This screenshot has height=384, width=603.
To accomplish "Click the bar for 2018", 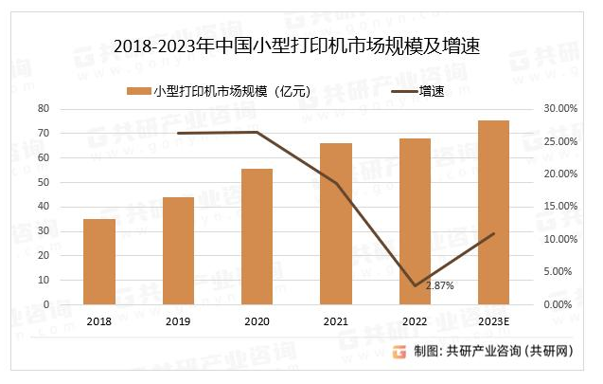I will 99,262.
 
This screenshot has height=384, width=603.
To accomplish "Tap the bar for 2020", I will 257,236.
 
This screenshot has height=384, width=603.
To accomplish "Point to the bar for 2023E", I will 493,212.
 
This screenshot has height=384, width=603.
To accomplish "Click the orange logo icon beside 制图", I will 401,352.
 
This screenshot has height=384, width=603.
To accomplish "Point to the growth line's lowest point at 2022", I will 415,285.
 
